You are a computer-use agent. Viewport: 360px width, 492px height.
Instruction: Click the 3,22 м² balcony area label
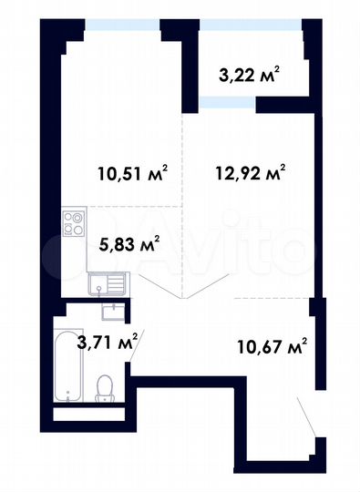point(249,74)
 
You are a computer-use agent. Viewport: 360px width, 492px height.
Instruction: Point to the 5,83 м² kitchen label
point(129,242)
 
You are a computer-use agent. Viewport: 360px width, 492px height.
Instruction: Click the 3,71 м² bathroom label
point(107,343)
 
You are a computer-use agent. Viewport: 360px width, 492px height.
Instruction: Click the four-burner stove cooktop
point(73,221)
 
